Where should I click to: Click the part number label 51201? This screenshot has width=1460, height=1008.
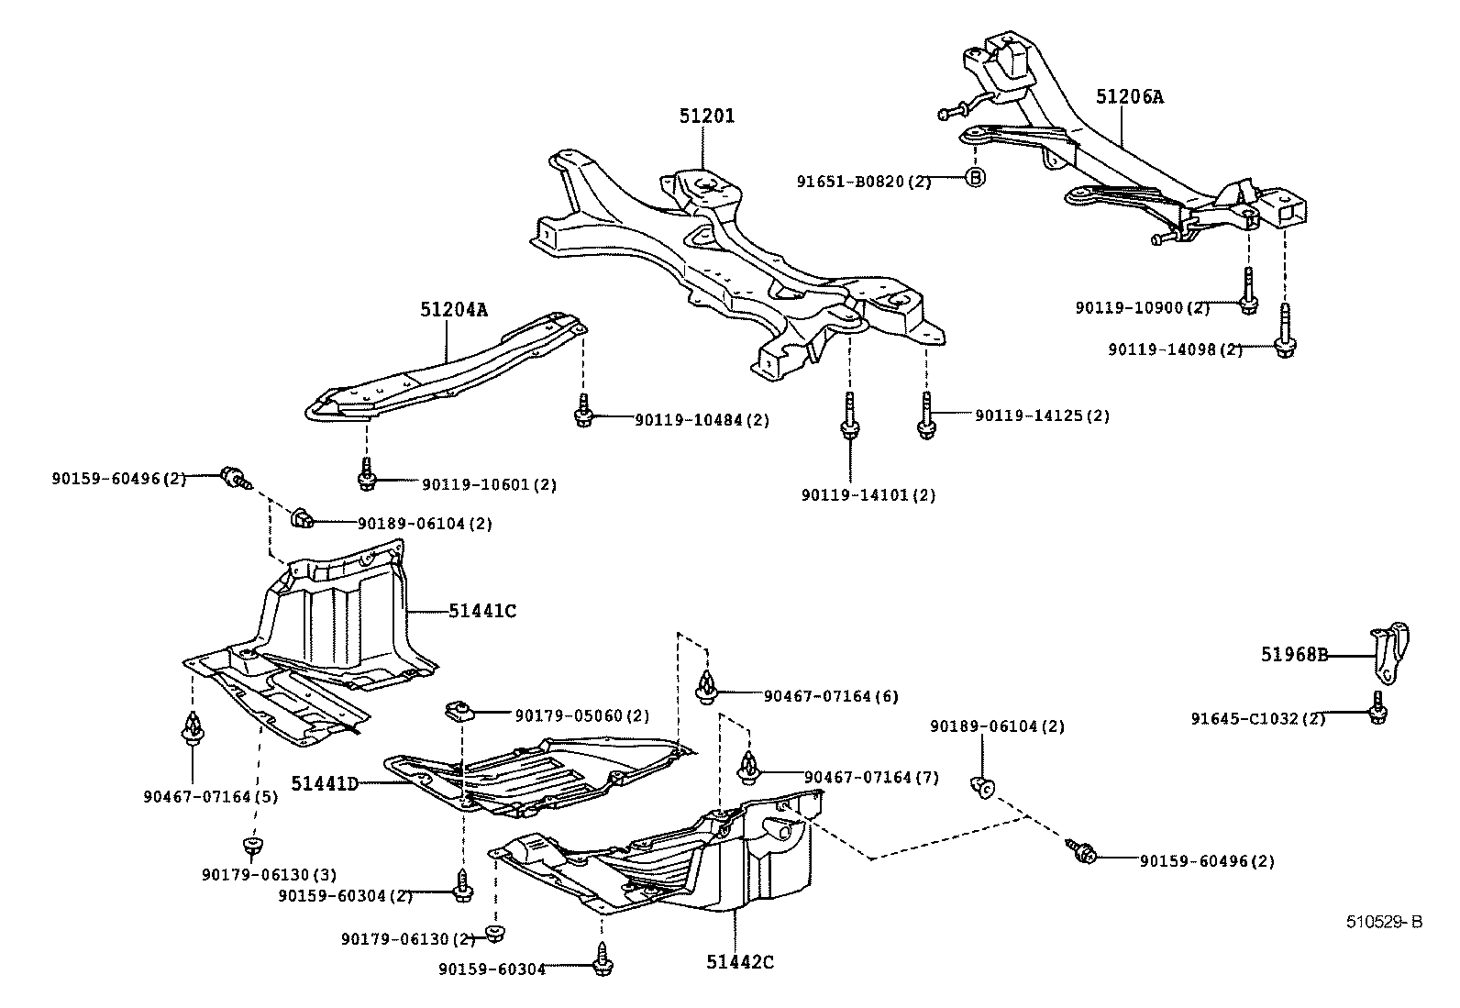tap(706, 116)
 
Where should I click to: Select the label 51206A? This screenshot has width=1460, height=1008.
tap(1129, 96)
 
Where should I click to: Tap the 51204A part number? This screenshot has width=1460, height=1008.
tap(454, 310)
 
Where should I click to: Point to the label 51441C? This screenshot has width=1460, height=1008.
tap(482, 610)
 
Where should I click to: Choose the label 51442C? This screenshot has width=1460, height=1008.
tap(740, 961)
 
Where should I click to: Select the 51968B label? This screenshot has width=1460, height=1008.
tap(1294, 655)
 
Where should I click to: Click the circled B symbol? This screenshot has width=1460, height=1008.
tap(976, 177)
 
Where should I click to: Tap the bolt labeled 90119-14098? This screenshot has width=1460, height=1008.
tap(1285, 332)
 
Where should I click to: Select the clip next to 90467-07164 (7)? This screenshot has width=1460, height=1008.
tap(748, 767)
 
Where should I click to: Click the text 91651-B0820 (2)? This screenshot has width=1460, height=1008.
tap(863, 182)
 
